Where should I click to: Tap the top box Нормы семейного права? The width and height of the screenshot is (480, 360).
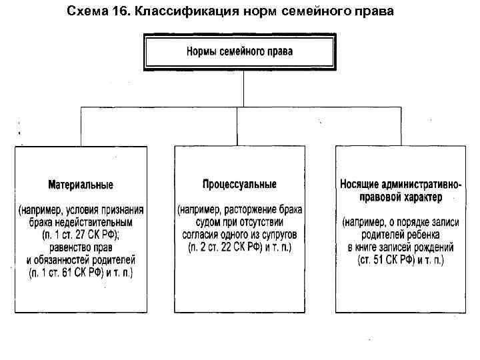pyautogui.click(x=239, y=51)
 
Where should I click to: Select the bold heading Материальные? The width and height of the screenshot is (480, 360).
pyautogui.click(x=81, y=184)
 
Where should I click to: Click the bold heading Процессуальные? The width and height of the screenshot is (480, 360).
pyautogui.click(x=239, y=183)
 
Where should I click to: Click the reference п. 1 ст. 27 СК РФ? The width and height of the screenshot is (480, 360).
pyautogui.click(x=78, y=235)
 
